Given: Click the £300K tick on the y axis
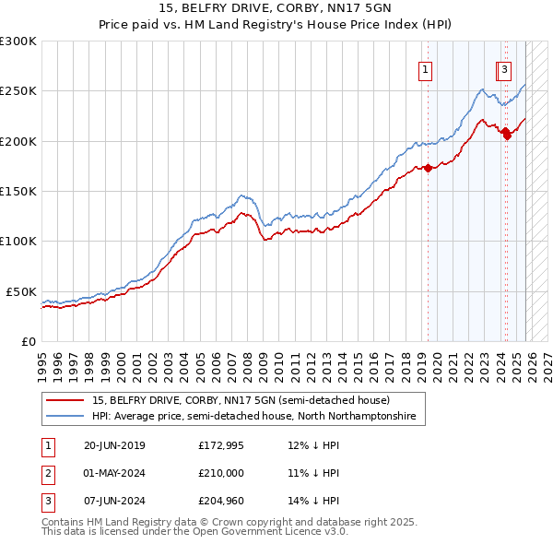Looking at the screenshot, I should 18,41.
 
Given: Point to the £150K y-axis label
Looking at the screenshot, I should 18,191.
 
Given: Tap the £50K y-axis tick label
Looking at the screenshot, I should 21,291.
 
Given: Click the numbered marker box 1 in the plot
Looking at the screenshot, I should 426,68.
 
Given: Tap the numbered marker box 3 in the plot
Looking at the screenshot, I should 506,68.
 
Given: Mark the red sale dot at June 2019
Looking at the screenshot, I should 429,169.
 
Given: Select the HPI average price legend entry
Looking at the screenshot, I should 253,417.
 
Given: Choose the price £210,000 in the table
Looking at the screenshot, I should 221,473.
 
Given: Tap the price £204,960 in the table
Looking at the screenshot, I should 221,501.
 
